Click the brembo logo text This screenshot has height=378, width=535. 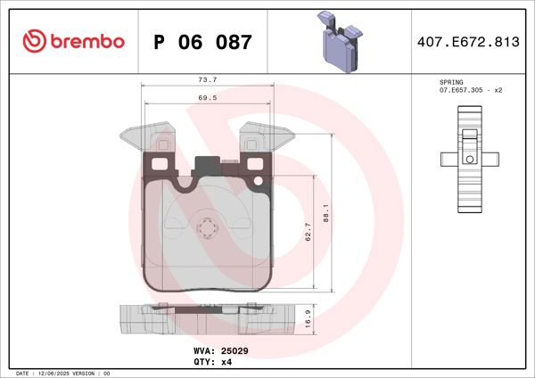(86, 41)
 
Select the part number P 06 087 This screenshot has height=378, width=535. (202, 42)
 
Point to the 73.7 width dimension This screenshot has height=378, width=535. (208, 80)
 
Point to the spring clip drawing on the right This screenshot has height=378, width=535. (468, 158)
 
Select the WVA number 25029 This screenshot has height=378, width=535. (235, 351)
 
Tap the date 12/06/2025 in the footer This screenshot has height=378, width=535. (60, 373)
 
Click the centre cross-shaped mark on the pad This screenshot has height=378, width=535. (208, 229)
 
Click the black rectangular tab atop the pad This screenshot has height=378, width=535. (207, 164)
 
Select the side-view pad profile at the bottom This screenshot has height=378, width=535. (207, 318)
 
